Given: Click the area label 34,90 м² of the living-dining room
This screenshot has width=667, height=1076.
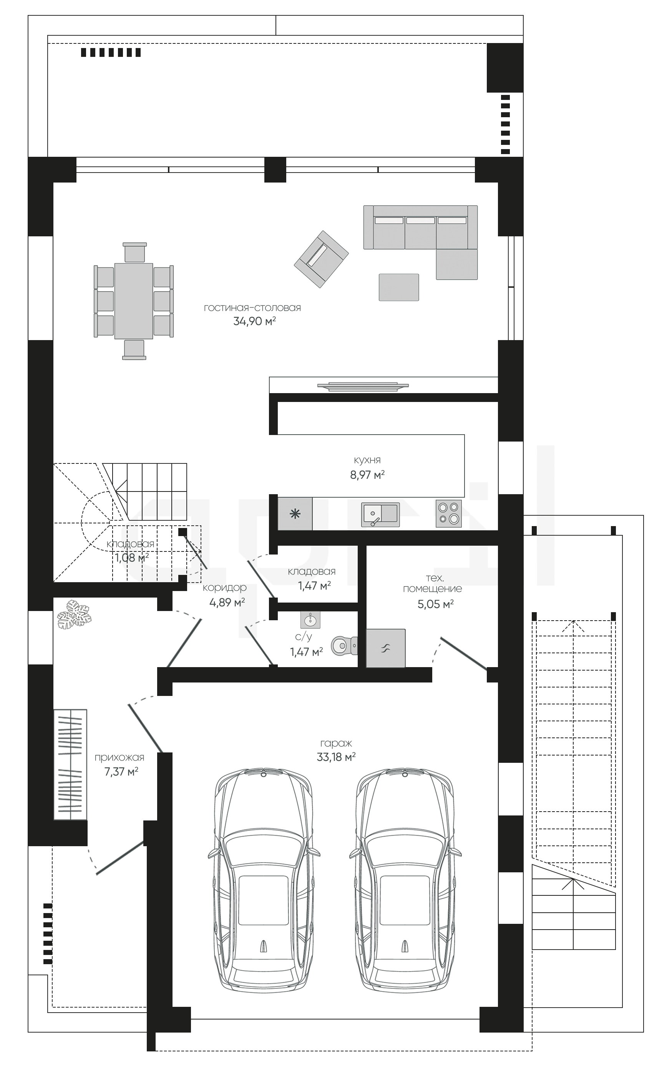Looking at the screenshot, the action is (x=254, y=321).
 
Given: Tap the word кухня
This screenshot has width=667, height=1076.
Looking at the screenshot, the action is (x=367, y=460).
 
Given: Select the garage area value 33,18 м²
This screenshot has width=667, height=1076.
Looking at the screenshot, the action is (x=336, y=757).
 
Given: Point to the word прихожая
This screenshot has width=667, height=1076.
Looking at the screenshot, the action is (x=119, y=757).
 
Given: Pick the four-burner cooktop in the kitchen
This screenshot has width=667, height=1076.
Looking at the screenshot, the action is (x=449, y=513).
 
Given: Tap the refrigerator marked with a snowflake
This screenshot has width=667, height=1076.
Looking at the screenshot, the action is (x=295, y=514).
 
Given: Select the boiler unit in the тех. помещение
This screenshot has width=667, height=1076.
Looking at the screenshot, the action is (x=385, y=648).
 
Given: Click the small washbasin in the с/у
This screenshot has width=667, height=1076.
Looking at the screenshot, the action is (x=310, y=620).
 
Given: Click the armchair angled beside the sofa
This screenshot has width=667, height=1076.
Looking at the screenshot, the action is (x=321, y=259).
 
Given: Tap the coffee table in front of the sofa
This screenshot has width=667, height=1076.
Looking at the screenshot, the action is (x=399, y=287).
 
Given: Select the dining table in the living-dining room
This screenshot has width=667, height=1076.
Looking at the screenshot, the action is (x=134, y=301).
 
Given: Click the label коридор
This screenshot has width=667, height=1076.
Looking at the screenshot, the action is (x=224, y=588).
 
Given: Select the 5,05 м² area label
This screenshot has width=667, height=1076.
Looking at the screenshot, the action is (x=435, y=604).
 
